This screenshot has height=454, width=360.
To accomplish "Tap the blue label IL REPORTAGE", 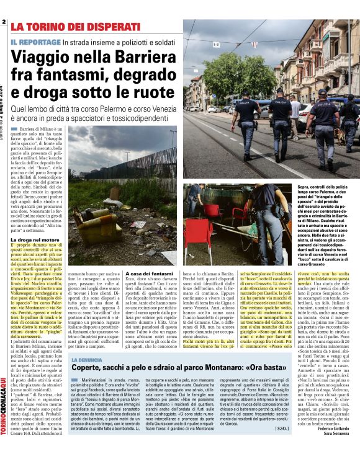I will pyautogui.click(x=35, y=42).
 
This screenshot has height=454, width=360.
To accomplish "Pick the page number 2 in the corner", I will pyautogui.click(x=4, y=23).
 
